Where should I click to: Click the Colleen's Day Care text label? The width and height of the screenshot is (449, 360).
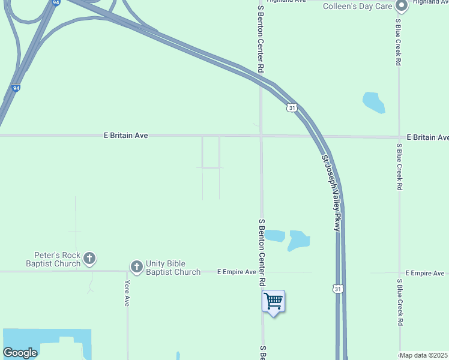tap(357, 7)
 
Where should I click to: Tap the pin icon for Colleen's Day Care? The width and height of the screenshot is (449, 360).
tap(402, 7)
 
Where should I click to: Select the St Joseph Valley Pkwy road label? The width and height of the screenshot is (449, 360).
tap(331, 193)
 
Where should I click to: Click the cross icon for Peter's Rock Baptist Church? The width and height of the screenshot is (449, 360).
tap(89, 259)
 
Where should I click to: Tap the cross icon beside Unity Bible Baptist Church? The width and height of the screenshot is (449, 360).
tap(137, 266)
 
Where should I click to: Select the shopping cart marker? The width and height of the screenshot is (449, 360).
tap(273, 301)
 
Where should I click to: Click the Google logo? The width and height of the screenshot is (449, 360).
tap(20, 353)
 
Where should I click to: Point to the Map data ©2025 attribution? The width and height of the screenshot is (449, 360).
tap(423, 355)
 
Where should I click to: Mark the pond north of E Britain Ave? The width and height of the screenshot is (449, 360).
tap(373, 102)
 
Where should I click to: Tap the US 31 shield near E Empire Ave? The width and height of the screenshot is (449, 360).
tap(338, 289)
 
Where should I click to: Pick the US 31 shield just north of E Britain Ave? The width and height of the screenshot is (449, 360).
tap(291, 107)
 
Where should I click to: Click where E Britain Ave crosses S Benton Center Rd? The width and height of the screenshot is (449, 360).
tap(261, 136)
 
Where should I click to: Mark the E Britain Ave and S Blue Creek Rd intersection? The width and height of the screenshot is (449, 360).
tap(399, 136)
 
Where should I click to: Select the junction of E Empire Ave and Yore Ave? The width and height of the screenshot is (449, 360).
tap(127, 272)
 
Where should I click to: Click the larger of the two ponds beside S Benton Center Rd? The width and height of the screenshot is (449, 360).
tap(298, 240)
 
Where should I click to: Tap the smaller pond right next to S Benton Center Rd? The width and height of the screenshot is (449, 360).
tap(274, 235)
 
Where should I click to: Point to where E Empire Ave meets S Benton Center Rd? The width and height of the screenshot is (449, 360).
tap(261, 272)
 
